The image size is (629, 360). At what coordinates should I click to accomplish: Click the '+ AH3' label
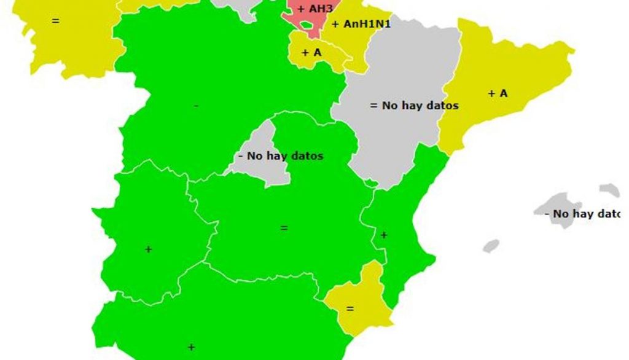(x=315, y=9)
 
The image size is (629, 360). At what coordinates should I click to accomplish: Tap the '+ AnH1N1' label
(x=361, y=25)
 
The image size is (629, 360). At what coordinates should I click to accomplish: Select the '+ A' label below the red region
(x=311, y=53)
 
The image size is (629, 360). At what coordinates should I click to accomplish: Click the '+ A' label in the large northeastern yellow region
(x=498, y=93)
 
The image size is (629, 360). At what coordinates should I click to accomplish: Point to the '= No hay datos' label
(x=414, y=106)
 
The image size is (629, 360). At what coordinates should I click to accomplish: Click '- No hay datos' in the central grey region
(x=280, y=156)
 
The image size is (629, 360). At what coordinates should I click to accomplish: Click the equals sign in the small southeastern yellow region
(x=350, y=308)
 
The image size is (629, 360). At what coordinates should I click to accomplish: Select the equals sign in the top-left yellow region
(x=55, y=21)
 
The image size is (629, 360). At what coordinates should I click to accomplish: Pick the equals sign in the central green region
(x=284, y=228)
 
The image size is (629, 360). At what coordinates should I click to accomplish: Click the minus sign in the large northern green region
(x=196, y=106)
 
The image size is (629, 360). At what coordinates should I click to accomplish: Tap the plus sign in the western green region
(x=148, y=249)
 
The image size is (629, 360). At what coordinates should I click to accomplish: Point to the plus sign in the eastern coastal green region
(x=384, y=235)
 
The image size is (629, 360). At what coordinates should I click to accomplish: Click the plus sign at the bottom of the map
(x=191, y=347)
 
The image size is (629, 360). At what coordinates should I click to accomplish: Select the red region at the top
(x=307, y=22)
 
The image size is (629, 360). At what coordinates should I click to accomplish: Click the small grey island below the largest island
(x=491, y=246)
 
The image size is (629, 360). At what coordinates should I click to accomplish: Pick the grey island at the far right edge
(x=610, y=190)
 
